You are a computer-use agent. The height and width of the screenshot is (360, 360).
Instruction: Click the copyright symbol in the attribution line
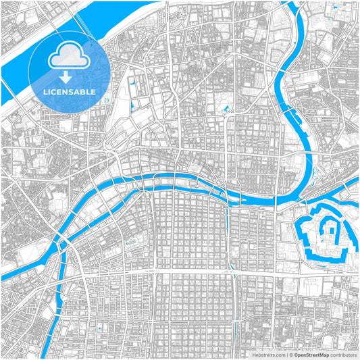click(290, 354)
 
